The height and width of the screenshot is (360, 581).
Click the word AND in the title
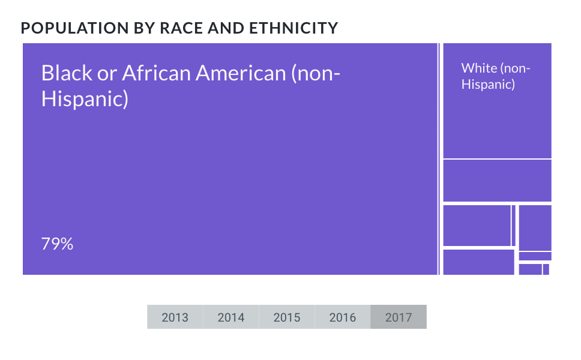(229, 28)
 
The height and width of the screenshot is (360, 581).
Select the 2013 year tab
(175, 317)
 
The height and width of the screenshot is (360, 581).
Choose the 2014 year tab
(230, 317)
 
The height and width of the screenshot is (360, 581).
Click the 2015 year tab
(286, 317)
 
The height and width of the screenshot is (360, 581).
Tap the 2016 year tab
(342, 317)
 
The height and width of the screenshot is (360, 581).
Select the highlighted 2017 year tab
(399, 317)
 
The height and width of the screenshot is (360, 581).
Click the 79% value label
(57, 244)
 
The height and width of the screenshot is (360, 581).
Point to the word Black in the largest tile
(67, 73)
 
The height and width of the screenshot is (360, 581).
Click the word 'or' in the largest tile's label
(107, 73)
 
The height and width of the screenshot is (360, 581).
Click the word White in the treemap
(478, 68)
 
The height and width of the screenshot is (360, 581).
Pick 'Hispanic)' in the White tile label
(488, 84)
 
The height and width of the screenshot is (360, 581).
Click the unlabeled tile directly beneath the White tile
(497, 181)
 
